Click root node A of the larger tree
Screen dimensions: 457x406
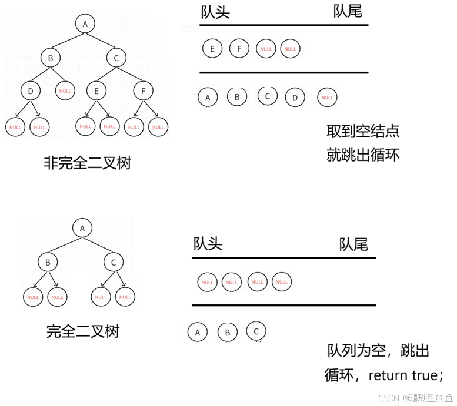click(86, 24)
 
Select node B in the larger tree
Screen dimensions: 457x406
click(52, 57)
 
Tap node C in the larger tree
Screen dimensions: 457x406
click(119, 57)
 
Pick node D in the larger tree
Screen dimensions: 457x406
click(30, 90)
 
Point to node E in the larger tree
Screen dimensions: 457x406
click(97, 90)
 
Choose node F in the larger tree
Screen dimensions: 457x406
click(142, 90)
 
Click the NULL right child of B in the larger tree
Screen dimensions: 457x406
click(65, 90)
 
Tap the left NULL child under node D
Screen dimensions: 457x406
click(15, 127)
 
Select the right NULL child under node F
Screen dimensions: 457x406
click(158, 127)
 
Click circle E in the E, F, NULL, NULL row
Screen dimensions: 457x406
click(212, 49)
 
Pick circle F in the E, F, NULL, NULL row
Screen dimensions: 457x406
click(239, 49)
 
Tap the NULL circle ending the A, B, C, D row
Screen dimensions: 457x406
click(327, 96)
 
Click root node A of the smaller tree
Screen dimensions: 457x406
click(84, 228)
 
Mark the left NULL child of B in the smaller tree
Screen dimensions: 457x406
click(33, 297)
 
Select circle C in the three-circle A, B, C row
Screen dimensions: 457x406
click(256, 331)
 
